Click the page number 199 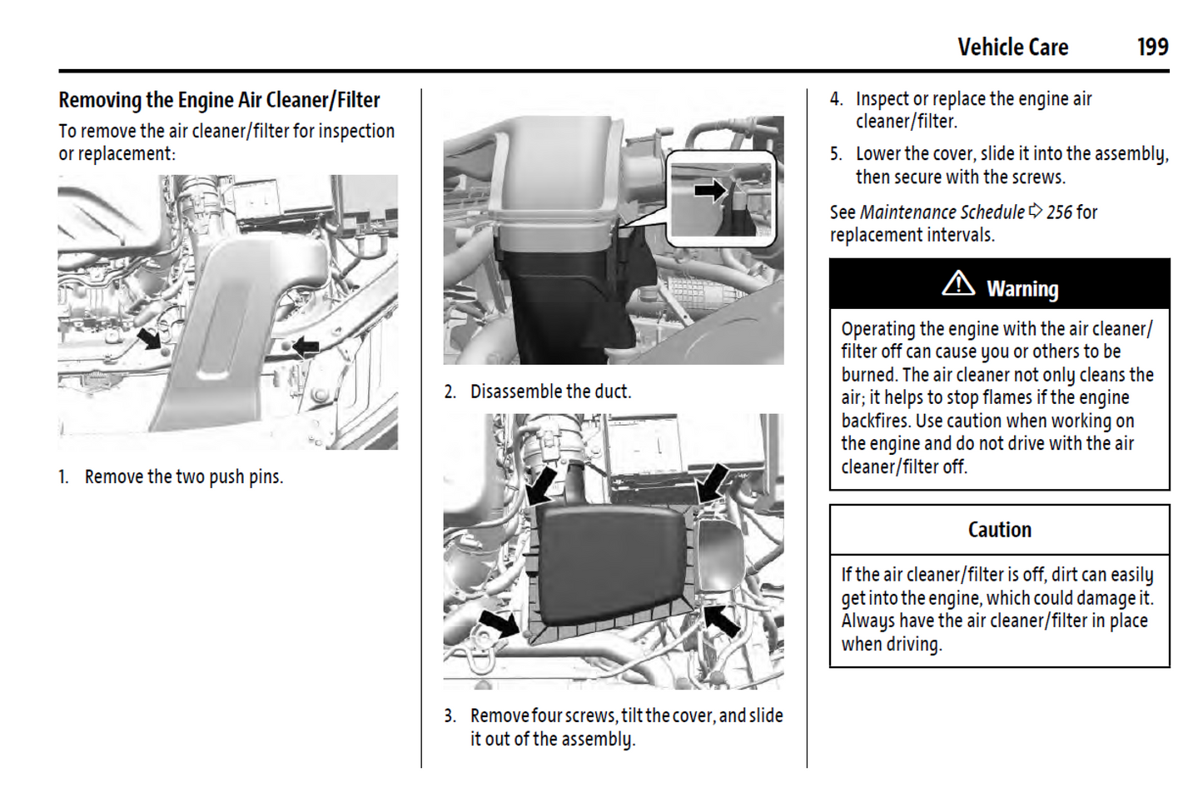(1152, 47)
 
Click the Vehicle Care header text (1012, 47)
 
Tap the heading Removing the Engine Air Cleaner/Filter (219, 101)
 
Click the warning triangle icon (958, 284)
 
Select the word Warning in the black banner (1022, 289)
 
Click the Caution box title (999, 530)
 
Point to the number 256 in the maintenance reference (1059, 212)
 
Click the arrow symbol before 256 (1036, 211)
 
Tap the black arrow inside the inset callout (709, 191)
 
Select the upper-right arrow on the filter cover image (713, 482)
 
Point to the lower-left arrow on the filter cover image (499, 623)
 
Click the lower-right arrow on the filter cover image (720, 619)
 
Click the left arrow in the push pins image (150, 338)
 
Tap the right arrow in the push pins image (305, 345)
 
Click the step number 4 (836, 99)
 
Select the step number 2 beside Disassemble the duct (450, 392)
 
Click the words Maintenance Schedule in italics (942, 212)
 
